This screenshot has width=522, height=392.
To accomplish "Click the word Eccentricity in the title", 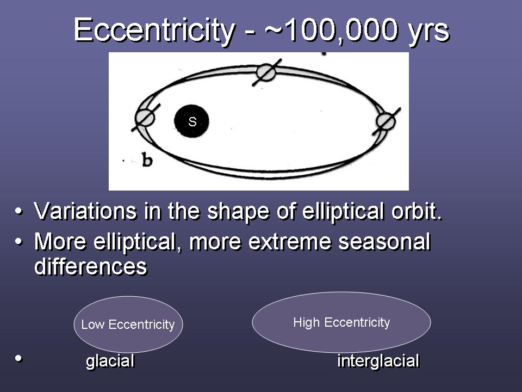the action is (x=154, y=30).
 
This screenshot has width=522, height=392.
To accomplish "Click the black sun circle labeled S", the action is (x=191, y=121).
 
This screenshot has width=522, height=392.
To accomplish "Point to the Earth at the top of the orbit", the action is (x=266, y=72).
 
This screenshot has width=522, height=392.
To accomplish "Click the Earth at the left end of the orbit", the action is (x=145, y=118).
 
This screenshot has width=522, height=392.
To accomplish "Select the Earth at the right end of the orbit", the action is (x=386, y=121).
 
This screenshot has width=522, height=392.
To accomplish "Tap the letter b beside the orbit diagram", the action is (x=147, y=160).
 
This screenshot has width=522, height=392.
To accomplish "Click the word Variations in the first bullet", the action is (x=85, y=211).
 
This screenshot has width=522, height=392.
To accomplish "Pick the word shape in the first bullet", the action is (x=238, y=212).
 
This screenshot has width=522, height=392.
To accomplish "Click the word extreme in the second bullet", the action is (x=289, y=242).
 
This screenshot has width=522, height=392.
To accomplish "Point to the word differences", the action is (x=91, y=266).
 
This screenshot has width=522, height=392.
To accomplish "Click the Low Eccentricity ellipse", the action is (x=128, y=324).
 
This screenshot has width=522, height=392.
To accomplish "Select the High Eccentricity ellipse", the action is (x=341, y=322).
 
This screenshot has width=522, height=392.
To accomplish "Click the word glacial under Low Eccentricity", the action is (x=110, y=361).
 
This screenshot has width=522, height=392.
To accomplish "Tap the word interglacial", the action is (x=378, y=361).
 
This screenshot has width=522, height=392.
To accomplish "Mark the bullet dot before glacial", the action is (x=18, y=359).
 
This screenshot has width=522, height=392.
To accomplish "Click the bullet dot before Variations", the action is (x=18, y=211).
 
